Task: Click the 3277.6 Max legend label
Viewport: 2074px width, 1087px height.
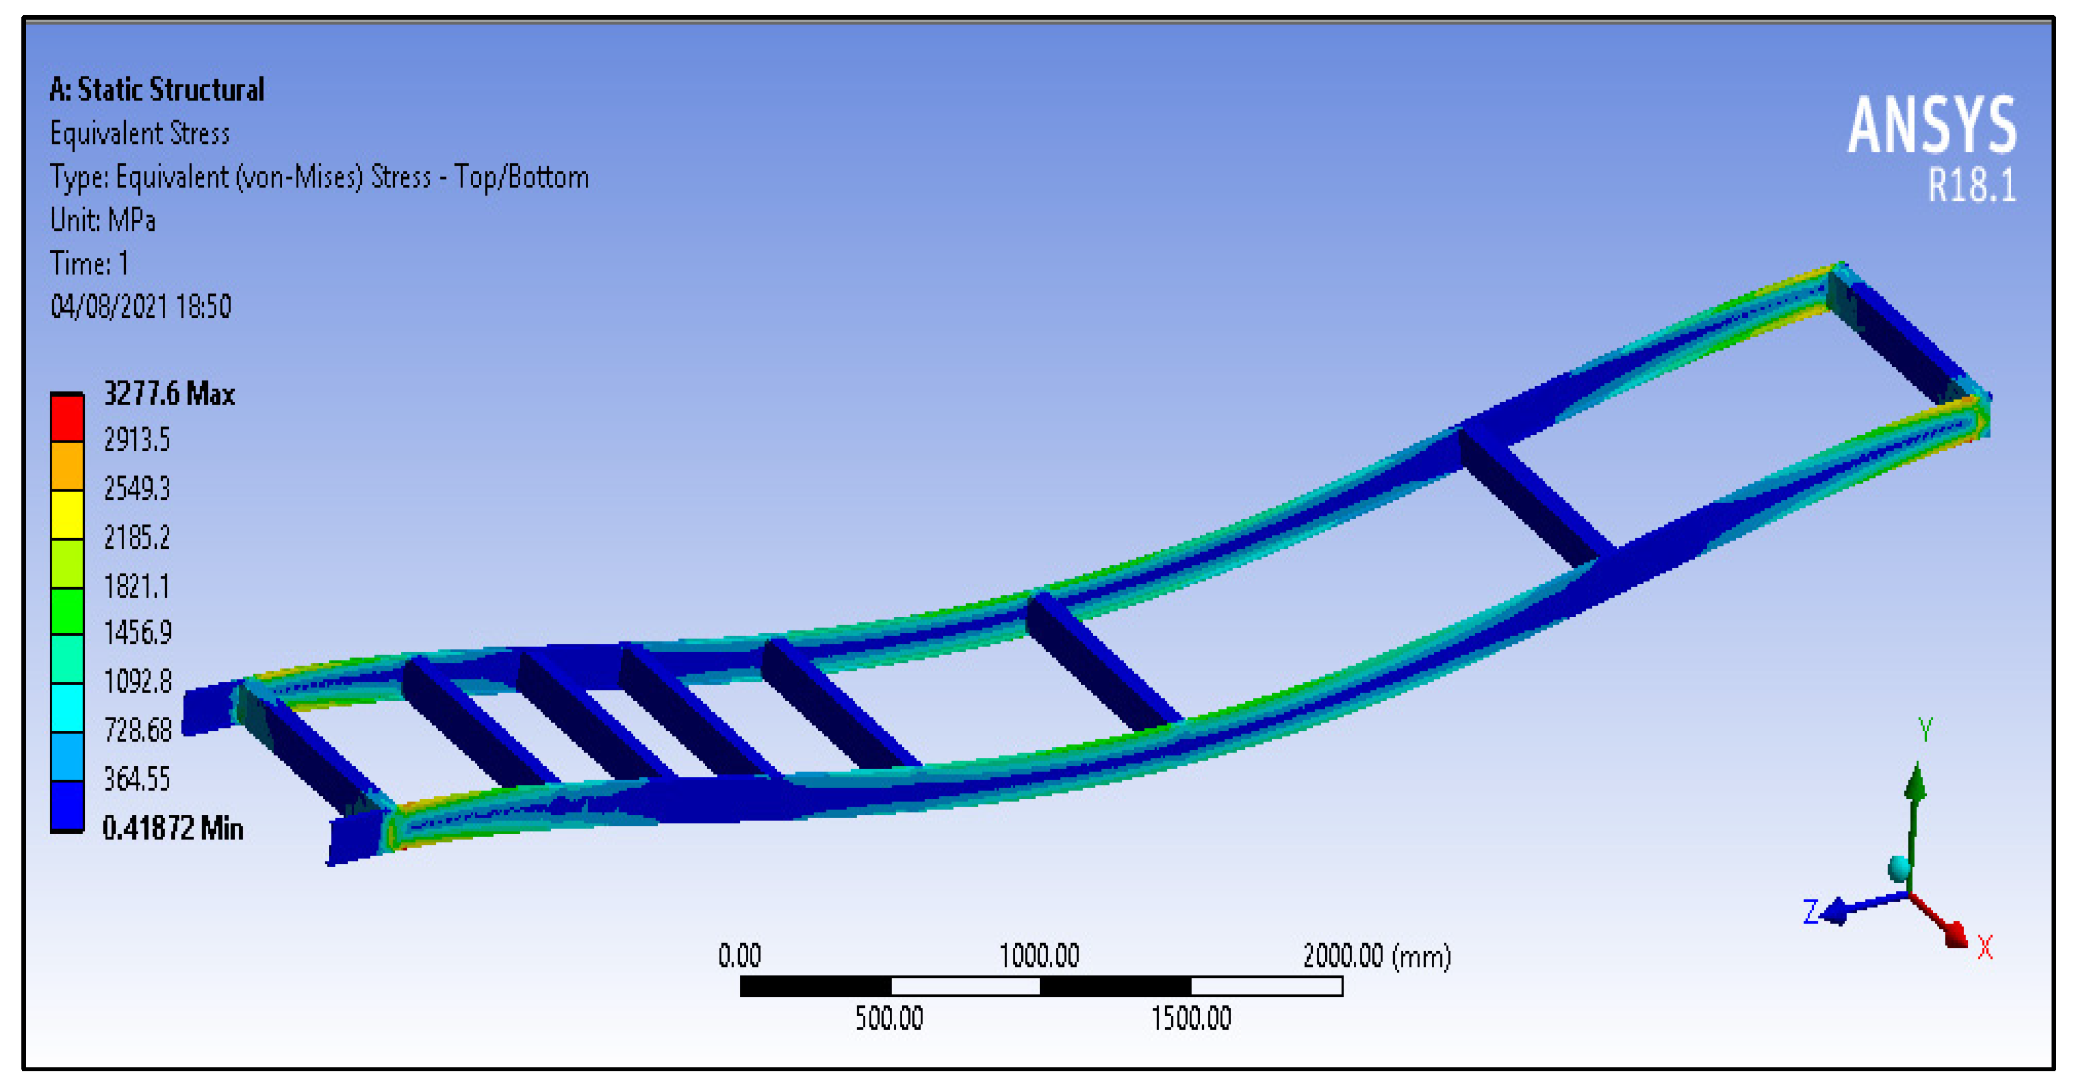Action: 169,394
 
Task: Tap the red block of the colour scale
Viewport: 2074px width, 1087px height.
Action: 67,417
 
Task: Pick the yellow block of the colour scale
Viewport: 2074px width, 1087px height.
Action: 67,513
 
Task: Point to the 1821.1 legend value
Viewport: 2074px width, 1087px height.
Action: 137,586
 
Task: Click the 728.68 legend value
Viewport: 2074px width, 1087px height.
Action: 138,730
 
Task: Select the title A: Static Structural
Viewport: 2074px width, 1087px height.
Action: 156,89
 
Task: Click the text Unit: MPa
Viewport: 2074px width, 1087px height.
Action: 102,220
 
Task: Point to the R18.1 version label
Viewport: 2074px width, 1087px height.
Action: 1971,186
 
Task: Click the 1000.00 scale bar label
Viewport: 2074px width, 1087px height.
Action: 1039,956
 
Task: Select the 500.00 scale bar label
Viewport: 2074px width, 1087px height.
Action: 889,1018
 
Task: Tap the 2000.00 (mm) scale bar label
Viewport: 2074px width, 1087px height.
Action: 1377,956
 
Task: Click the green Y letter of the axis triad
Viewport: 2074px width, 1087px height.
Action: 1925,730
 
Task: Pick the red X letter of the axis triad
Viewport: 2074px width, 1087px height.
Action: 1985,947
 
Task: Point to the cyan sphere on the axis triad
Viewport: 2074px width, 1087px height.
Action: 1899,868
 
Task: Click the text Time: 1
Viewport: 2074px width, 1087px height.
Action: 89,263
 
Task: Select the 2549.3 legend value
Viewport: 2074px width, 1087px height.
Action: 137,489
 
